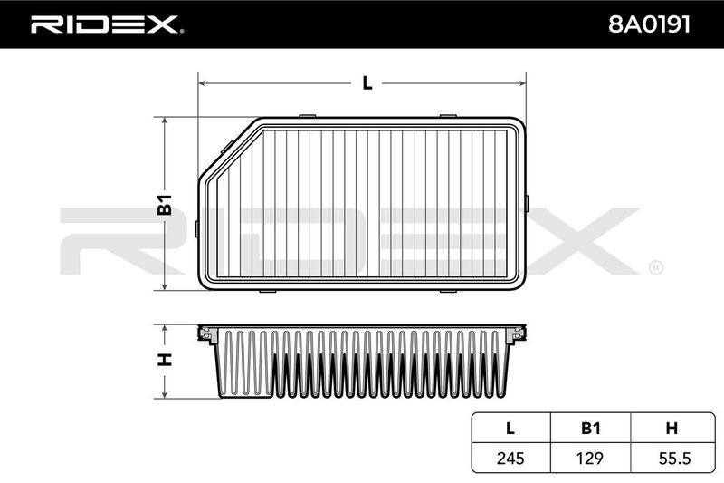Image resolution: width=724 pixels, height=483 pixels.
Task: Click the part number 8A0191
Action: [x=649, y=24]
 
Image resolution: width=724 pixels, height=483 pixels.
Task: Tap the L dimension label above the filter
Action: [x=367, y=83]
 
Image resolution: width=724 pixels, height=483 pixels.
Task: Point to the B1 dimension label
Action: [x=165, y=205]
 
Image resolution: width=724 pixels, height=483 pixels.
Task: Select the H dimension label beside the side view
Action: [x=165, y=360]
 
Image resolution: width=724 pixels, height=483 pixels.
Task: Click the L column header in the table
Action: [x=510, y=428]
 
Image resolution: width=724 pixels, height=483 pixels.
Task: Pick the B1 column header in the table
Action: [x=590, y=428]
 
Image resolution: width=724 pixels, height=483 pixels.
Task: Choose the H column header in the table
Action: [x=672, y=428]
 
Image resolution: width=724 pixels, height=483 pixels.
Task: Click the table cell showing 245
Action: [x=510, y=458]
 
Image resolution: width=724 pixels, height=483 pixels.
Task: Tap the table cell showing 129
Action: [x=590, y=458]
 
